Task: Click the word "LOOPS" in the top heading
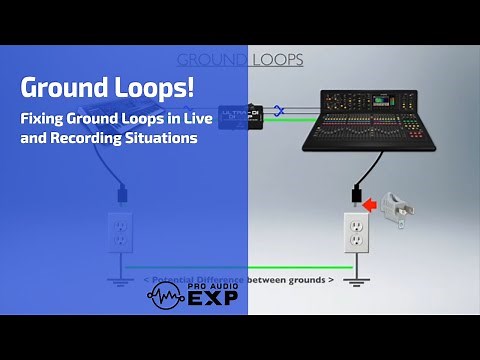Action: click(x=278, y=60)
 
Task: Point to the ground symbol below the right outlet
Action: click(x=354, y=284)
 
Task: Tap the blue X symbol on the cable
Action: click(x=281, y=112)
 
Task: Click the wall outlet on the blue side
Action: click(x=120, y=232)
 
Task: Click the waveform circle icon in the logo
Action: click(x=165, y=295)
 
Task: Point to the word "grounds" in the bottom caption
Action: click(x=302, y=279)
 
